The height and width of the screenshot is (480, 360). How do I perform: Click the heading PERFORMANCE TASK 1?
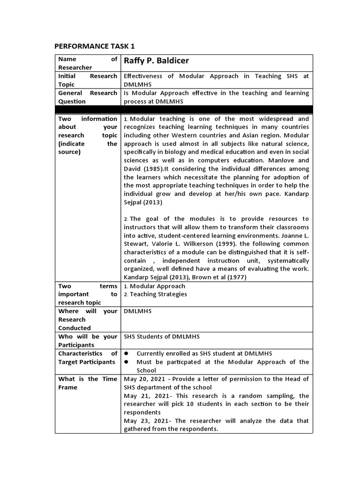(95, 46)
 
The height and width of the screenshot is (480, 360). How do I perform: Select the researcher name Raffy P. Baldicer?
(156, 61)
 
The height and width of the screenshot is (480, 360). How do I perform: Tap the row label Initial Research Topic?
(87, 80)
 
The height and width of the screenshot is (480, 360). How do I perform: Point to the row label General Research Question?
(87, 97)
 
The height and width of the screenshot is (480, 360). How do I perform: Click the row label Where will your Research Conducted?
(87, 320)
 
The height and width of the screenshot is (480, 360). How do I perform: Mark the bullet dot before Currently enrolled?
(127, 353)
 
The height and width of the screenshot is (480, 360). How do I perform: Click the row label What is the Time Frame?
(87, 383)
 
